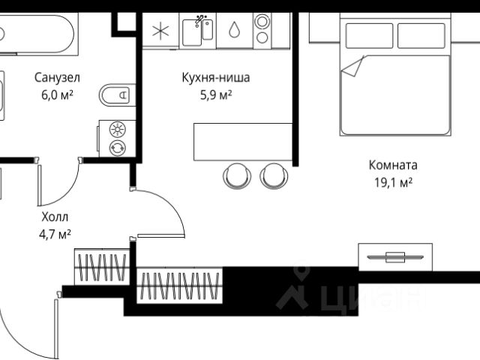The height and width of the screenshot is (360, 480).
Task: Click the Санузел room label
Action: tap(58, 76)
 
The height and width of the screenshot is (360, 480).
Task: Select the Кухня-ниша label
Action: tap(216, 76)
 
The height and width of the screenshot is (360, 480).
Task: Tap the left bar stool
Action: tap(237, 175)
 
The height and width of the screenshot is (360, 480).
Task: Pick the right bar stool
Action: tap(274, 175)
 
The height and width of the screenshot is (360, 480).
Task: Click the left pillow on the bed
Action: tap(368, 35)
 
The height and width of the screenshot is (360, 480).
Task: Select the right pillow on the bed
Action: tap(422, 35)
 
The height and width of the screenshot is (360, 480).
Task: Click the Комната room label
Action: tap(393, 165)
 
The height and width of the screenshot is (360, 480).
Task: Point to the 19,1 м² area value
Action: tap(393, 182)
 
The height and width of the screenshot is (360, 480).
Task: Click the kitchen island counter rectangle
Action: tap(242, 142)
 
